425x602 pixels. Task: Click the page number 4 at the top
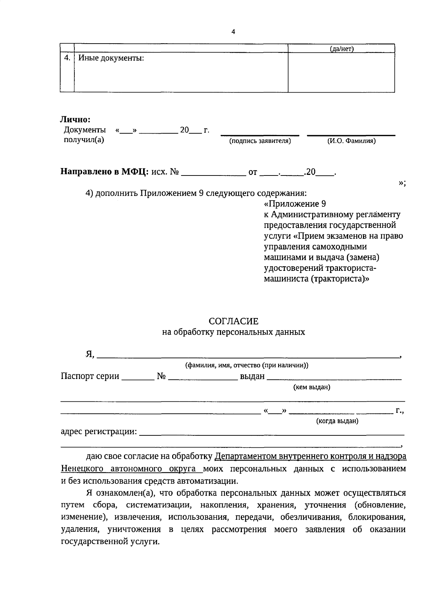point(233,32)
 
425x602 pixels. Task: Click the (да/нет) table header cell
point(341,49)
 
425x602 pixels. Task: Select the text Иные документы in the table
point(111,58)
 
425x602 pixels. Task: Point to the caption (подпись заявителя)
point(260,141)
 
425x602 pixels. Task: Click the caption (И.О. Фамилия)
point(351,141)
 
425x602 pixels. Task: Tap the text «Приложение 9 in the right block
point(295,204)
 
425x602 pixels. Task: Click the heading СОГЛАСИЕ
point(233,321)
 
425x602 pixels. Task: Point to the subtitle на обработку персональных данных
point(233,332)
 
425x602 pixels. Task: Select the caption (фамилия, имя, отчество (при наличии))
point(247,365)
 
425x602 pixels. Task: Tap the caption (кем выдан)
point(312,387)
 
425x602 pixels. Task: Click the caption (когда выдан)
point(337,421)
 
